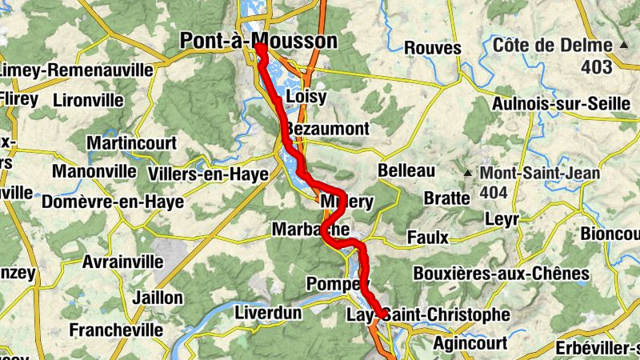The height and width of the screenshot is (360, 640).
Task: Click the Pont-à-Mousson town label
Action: coord(258,41)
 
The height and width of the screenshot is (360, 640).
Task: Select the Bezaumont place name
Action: coord(327,129)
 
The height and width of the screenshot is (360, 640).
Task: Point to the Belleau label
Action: coord(406,170)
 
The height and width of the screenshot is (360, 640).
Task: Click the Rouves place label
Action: coord(434,48)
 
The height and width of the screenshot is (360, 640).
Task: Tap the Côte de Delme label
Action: coord(552,45)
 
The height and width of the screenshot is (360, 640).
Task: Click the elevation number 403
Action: coord(597,68)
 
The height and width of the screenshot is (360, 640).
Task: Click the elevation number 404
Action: coord(495,193)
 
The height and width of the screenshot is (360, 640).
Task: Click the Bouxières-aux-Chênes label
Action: coord(501,274)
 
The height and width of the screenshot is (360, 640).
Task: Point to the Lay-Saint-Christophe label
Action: coord(427,314)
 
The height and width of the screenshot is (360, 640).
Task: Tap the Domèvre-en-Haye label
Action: coord(118,202)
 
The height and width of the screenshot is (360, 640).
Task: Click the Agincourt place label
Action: coord(470,343)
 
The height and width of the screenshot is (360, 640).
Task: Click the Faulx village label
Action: coord(427,237)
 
